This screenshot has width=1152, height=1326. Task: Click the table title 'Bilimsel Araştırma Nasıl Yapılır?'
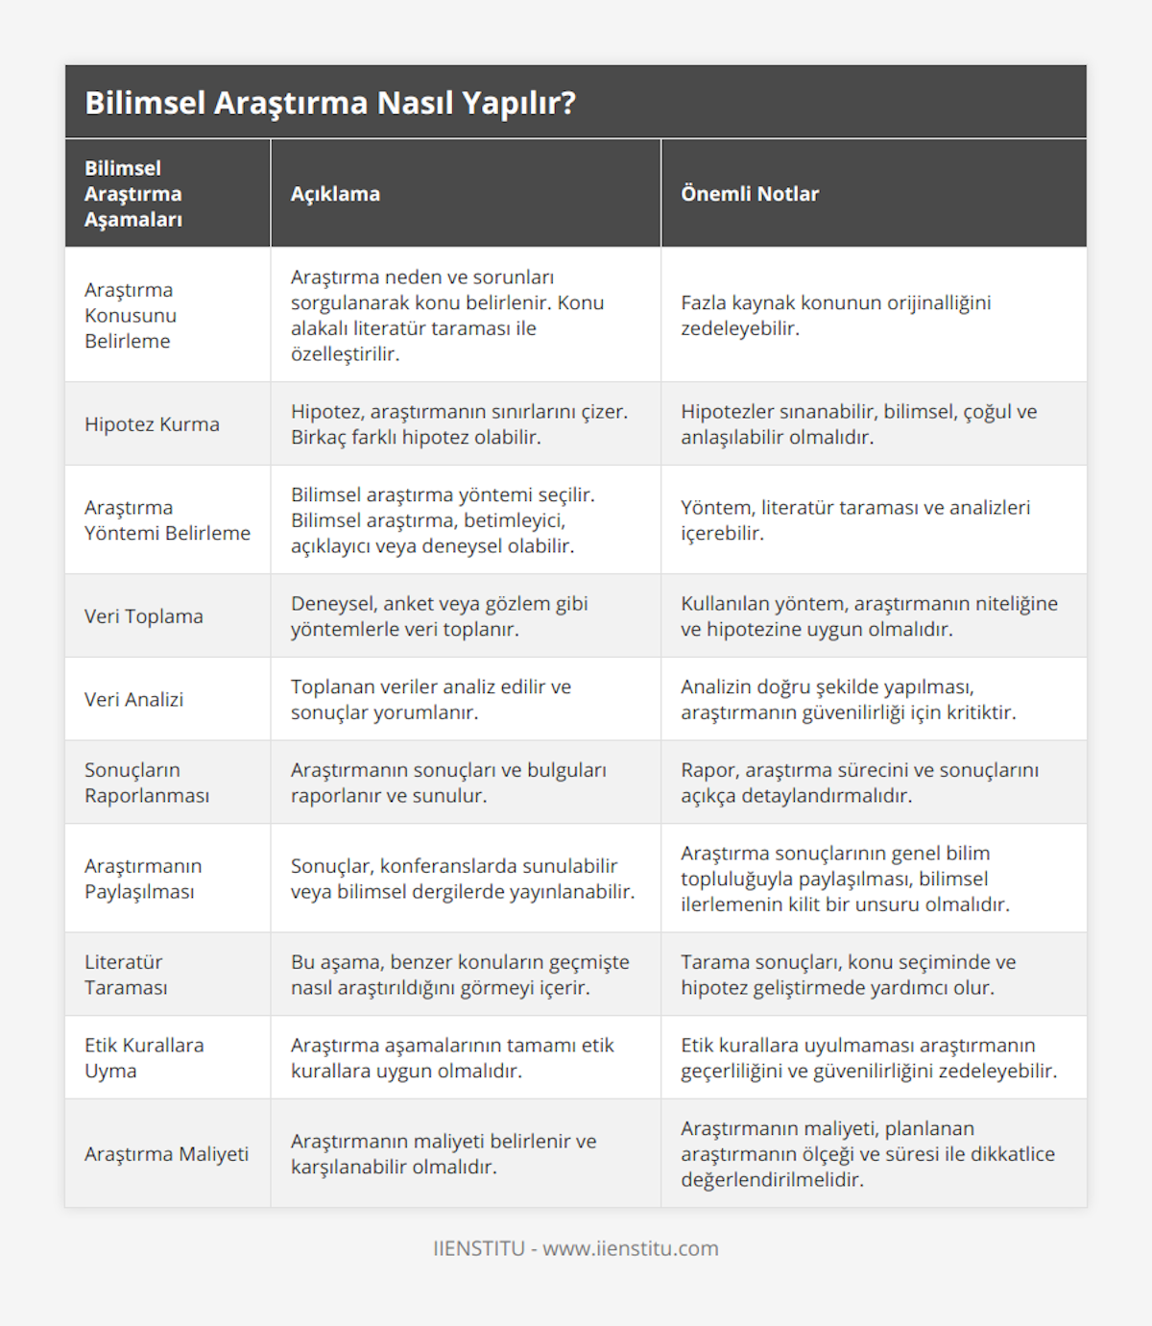point(330,103)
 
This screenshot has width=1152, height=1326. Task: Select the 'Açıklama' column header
point(335,194)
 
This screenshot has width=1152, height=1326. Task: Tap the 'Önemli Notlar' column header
point(750,194)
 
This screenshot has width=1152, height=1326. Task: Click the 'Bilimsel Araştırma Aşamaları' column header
point(133,194)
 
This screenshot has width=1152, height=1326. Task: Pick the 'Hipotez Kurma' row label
point(152,424)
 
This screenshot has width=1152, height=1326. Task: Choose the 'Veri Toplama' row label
point(144,616)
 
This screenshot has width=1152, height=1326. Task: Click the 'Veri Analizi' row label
point(133,700)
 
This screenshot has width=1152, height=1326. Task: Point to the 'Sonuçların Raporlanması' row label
point(147,783)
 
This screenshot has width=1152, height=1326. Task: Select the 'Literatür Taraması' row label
point(124,975)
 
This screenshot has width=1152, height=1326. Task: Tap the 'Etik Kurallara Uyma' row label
point(144,1058)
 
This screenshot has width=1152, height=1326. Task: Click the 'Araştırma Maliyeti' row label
point(166,1154)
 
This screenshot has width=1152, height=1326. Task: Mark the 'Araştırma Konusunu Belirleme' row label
point(131,315)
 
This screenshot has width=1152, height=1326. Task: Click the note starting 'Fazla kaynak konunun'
point(835,315)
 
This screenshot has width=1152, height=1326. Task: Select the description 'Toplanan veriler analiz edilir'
point(431,700)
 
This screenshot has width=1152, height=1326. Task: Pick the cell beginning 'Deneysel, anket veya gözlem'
point(439,616)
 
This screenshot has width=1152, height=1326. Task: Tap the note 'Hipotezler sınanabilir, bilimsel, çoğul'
point(858,424)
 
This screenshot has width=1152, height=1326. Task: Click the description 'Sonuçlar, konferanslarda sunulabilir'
point(462,879)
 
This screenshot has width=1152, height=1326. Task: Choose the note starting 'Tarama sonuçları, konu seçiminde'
point(848,975)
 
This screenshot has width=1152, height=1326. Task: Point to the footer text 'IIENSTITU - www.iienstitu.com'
point(576,1248)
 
